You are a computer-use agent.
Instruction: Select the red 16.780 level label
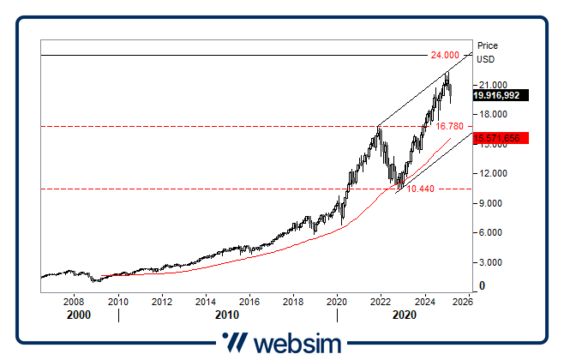pyautogui.click(x=450, y=126)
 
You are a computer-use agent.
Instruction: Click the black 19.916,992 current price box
pyautogui.click(x=501, y=96)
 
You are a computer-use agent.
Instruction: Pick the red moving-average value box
pyautogui.click(x=501, y=137)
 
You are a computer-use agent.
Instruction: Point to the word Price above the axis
pyautogui.click(x=487, y=45)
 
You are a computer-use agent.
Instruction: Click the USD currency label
pyautogui.click(x=485, y=59)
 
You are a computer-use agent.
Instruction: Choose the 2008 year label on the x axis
pyautogui.click(x=75, y=302)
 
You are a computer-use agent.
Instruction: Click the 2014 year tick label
pyautogui.click(x=205, y=302)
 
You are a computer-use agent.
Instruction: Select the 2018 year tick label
pyautogui.click(x=293, y=302)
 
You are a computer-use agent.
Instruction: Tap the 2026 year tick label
pyautogui.click(x=462, y=302)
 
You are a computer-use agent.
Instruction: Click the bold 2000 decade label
pyautogui.click(x=78, y=315)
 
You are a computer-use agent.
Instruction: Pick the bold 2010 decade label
pyautogui.click(x=227, y=315)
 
